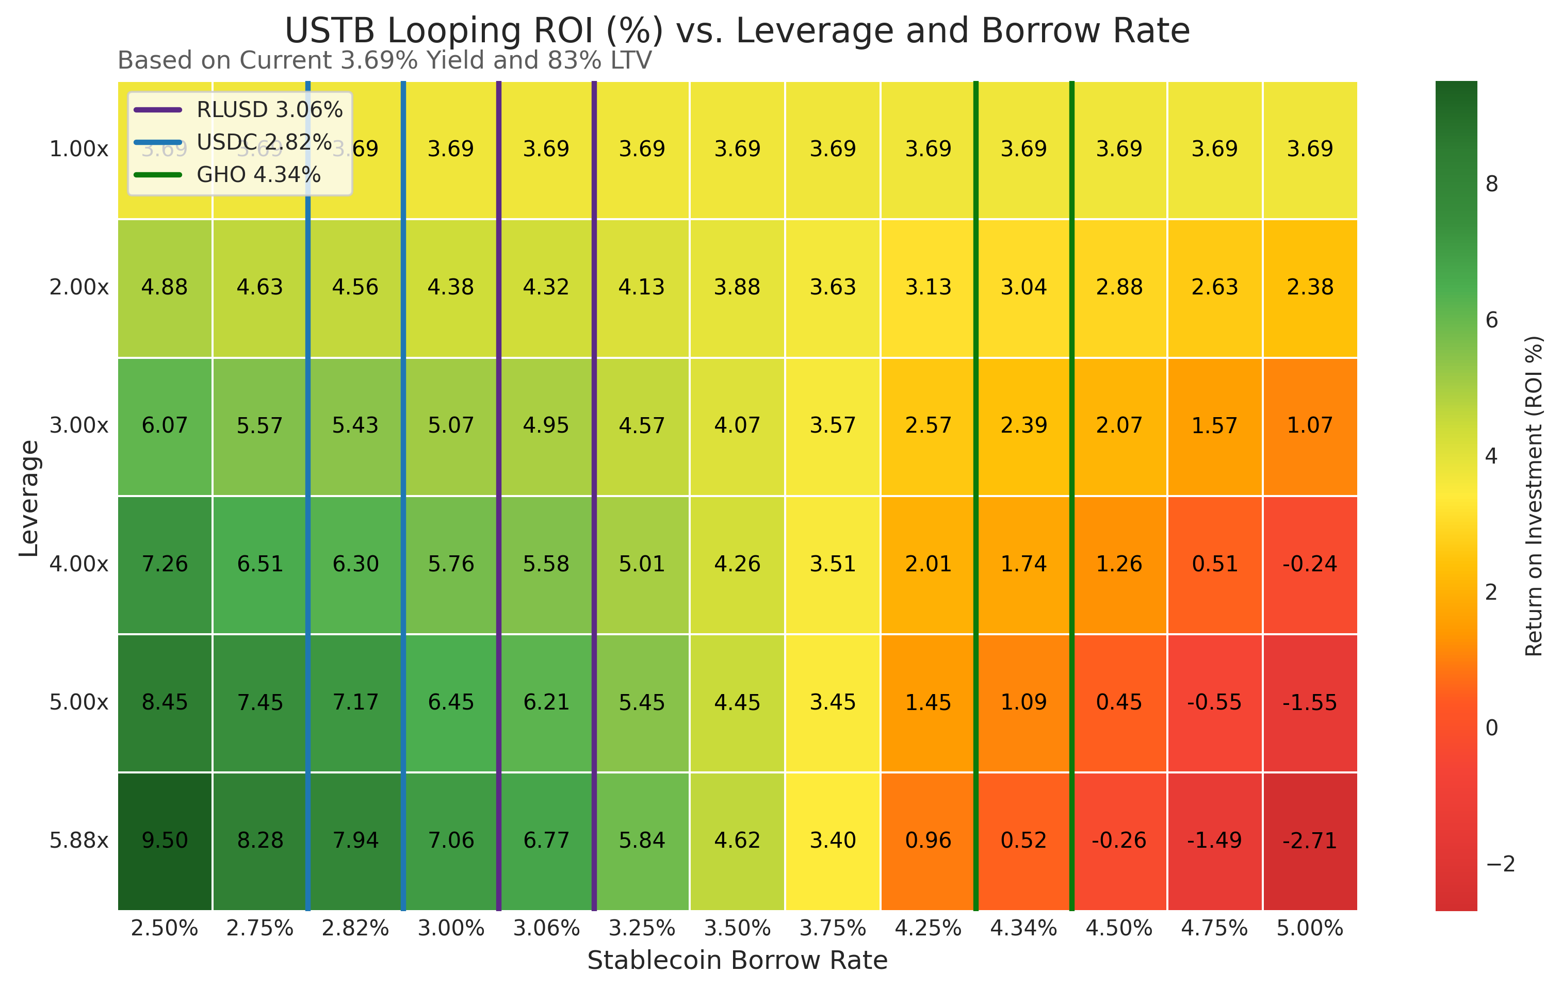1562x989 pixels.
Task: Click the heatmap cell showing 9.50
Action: click(x=165, y=840)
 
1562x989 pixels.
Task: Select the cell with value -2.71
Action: click(x=1310, y=840)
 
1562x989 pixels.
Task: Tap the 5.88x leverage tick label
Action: click(x=79, y=840)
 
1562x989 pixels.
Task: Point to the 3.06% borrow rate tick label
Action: click(x=546, y=928)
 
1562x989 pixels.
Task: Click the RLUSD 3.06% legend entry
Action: click(x=269, y=110)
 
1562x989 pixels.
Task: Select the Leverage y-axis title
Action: click(x=29, y=498)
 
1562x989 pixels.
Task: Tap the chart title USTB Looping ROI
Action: click(x=737, y=30)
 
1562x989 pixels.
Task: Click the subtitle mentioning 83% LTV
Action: click(x=384, y=60)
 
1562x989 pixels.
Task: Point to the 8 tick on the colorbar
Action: click(x=1492, y=184)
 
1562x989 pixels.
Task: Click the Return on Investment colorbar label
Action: click(x=1534, y=496)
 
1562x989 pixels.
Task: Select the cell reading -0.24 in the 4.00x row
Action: click(x=1310, y=564)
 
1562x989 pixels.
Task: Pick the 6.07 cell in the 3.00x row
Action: click(x=165, y=425)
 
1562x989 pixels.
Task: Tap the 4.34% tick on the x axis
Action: click(x=1023, y=928)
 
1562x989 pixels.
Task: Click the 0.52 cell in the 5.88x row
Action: click(x=1023, y=840)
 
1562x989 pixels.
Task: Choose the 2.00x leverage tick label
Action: click(x=79, y=287)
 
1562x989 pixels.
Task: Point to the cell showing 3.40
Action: click(x=833, y=840)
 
